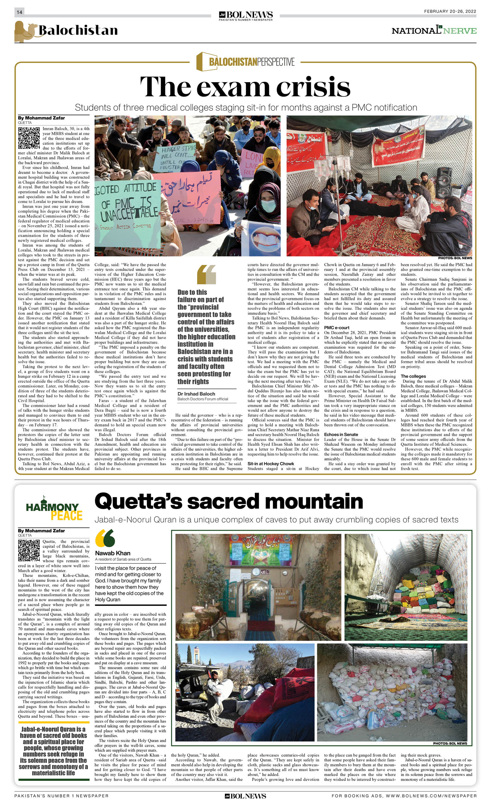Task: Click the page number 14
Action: pyautogui.click(x=19, y=12)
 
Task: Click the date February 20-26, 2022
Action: pyautogui.click(x=450, y=11)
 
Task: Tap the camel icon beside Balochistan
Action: pyautogui.click(x=25, y=32)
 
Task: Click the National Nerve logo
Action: pyautogui.click(x=434, y=31)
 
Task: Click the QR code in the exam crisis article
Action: pyautogui.click(x=29, y=138)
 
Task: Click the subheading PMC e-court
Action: pyautogui.click(x=337, y=328)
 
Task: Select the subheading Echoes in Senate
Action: pyautogui.click(x=341, y=434)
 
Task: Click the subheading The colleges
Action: pyautogui.click(x=413, y=376)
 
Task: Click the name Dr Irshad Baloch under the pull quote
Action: pyautogui.click(x=196, y=394)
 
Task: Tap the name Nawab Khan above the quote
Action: pyautogui.click(x=112, y=553)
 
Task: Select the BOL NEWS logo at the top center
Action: pyautogui.click(x=245, y=15)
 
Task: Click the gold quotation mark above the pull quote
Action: pyautogui.click(x=206, y=274)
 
